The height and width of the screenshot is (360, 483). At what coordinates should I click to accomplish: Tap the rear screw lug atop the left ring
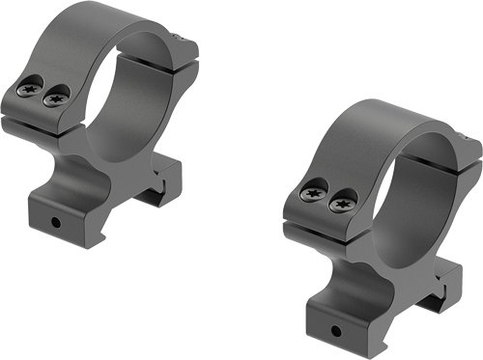[184, 48]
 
